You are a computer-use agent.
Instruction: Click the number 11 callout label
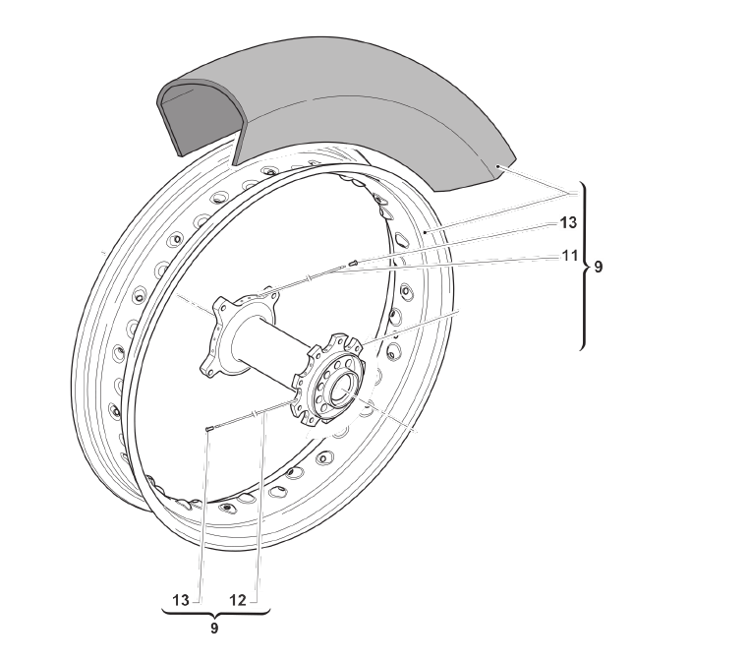pyautogui.click(x=569, y=256)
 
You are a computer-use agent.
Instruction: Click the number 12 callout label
pyautogui.click(x=238, y=600)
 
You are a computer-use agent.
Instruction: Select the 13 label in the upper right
pyautogui.click(x=568, y=223)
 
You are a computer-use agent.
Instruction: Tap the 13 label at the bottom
pyautogui.click(x=181, y=600)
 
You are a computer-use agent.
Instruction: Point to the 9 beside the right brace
pyautogui.click(x=599, y=268)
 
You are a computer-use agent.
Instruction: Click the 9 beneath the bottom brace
pyautogui.click(x=214, y=629)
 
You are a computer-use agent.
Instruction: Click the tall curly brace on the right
pyautogui.click(x=585, y=266)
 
